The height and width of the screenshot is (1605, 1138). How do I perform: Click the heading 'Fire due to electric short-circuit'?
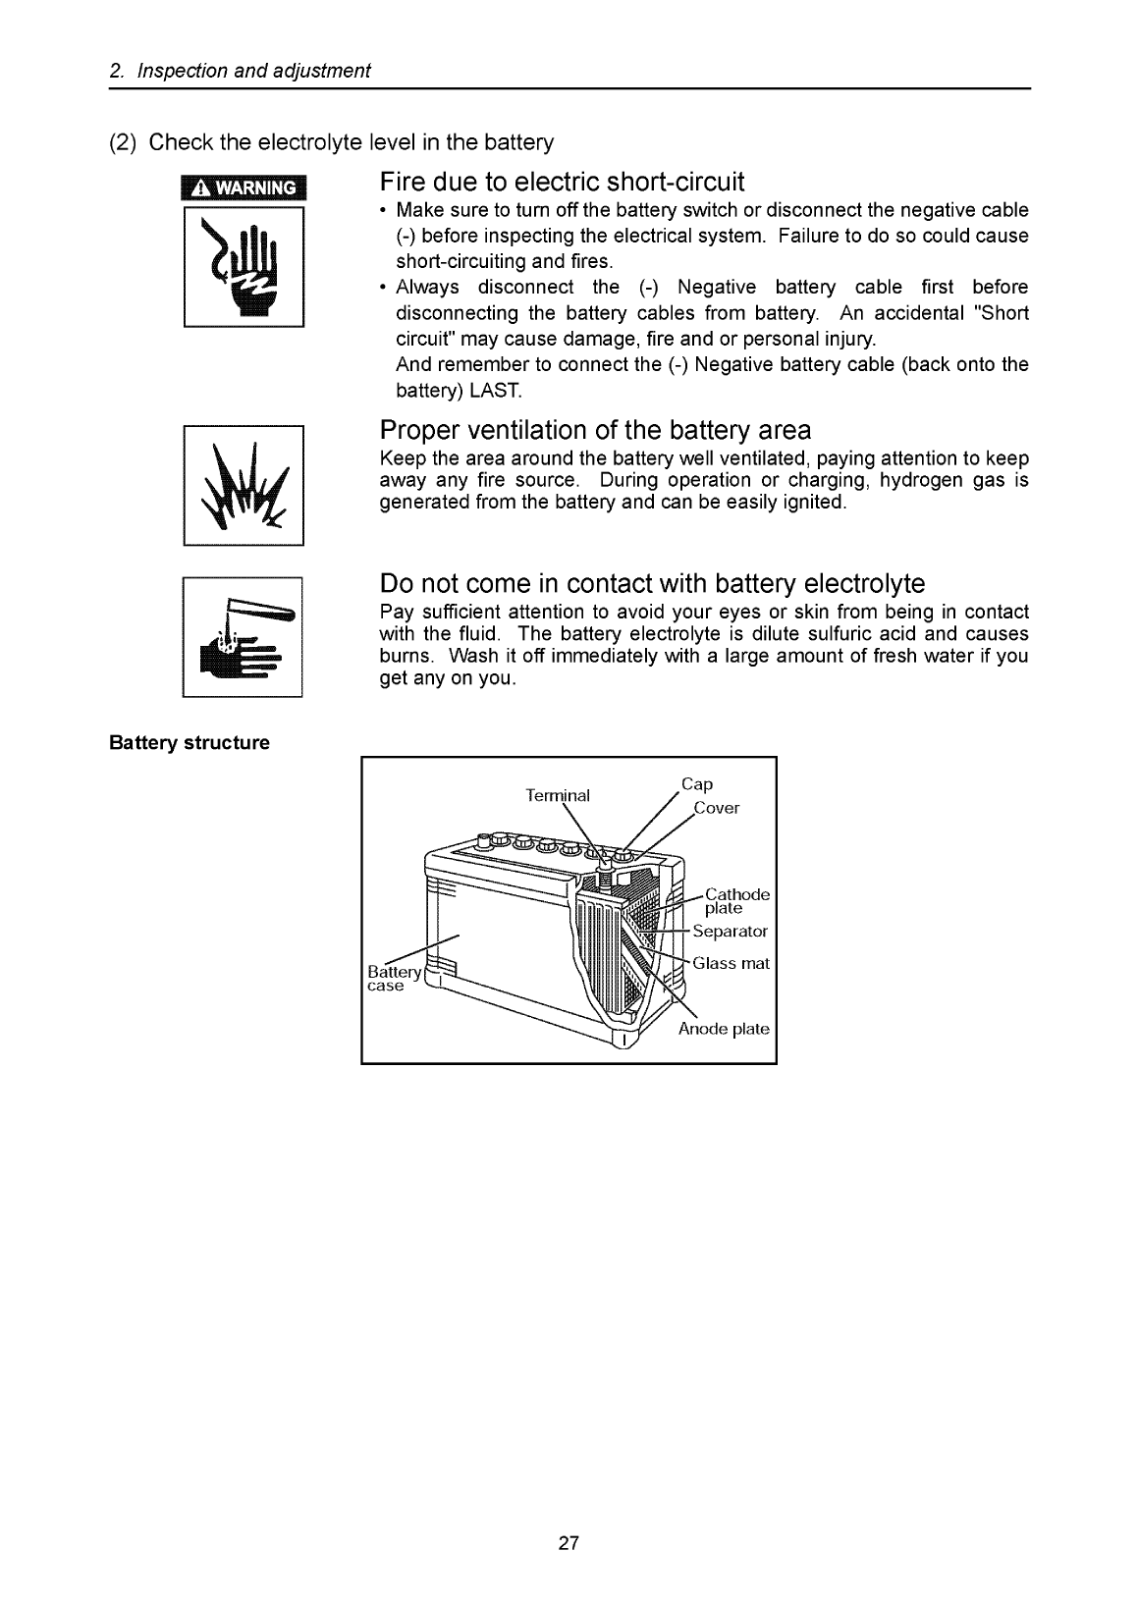(562, 183)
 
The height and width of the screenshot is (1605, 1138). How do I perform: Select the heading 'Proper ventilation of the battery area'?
(595, 431)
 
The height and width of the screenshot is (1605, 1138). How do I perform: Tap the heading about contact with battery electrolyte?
(652, 584)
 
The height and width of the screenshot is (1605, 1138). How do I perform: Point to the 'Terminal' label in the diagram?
(558, 795)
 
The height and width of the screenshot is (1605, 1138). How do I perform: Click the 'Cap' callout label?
(697, 784)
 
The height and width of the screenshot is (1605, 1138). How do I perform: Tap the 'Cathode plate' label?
(736, 901)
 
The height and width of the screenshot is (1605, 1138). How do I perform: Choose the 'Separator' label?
(730, 931)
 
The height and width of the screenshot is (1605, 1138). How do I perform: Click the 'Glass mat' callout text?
(731, 963)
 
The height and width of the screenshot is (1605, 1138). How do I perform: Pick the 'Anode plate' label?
(724, 1029)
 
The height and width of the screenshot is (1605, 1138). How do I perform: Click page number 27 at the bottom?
(569, 1543)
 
